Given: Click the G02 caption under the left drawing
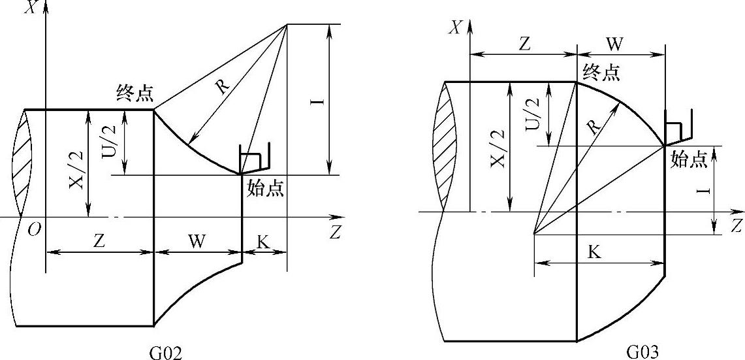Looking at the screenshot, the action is pyautogui.click(x=166, y=353).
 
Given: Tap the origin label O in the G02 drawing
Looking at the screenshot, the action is pyautogui.click(x=34, y=230).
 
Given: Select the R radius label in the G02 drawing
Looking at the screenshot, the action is pyautogui.click(x=222, y=86).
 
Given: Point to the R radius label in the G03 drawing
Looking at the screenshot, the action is pyautogui.click(x=594, y=127).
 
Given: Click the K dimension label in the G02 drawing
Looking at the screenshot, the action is pyautogui.click(x=262, y=242).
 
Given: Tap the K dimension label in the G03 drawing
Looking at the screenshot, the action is pyautogui.click(x=594, y=252).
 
